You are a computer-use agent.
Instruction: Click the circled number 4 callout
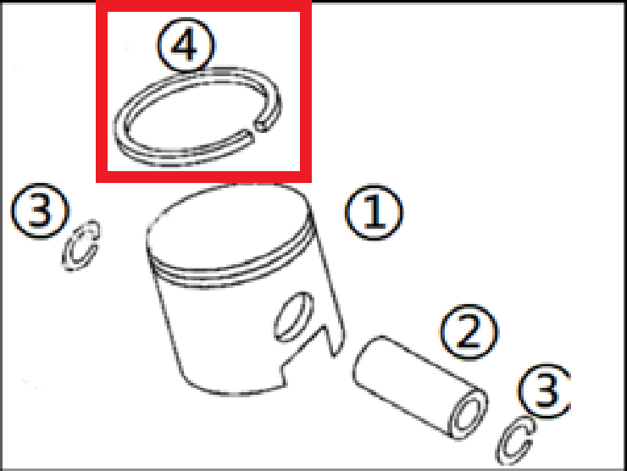[x=186, y=45]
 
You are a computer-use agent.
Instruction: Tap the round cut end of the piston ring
[x=263, y=125]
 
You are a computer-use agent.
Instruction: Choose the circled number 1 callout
[x=374, y=213]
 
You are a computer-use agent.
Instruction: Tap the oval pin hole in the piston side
[x=294, y=317]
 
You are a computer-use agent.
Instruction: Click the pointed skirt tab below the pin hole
[x=334, y=340]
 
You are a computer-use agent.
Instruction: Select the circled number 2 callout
[x=469, y=332]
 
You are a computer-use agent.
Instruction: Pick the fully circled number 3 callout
[x=40, y=211]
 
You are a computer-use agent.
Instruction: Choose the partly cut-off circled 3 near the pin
[x=546, y=391]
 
